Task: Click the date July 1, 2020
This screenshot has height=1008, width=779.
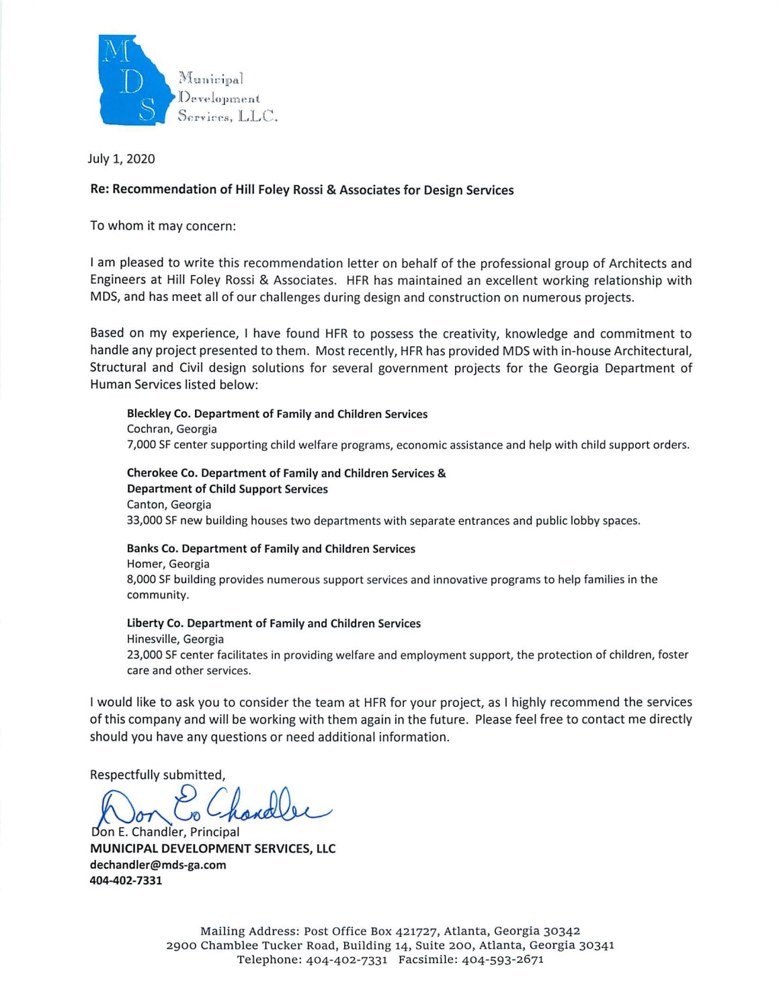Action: click(x=121, y=159)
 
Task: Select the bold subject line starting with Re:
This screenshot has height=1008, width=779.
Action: click(x=302, y=190)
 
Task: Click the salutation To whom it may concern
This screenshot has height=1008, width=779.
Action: click(x=163, y=226)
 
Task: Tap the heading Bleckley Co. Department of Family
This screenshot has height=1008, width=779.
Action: click(x=277, y=414)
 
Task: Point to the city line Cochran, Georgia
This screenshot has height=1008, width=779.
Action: click(x=171, y=429)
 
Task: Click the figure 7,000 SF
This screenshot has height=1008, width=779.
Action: click(x=149, y=445)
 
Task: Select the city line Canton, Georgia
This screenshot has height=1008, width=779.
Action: click(x=169, y=505)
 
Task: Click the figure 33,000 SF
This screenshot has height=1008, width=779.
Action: click(x=152, y=521)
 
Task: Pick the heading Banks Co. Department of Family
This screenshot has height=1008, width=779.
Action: click(x=271, y=549)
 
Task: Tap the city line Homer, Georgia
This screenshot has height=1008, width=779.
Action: click(x=168, y=564)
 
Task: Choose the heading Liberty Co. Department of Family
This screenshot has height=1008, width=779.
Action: click(x=274, y=624)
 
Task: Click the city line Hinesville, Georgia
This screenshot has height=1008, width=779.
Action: click(x=175, y=639)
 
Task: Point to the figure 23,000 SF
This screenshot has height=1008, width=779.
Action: click(x=152, y=655)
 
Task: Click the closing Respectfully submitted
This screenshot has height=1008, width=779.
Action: click(x=157, y=775)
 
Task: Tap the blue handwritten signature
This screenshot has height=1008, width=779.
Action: click(x=212, y=806)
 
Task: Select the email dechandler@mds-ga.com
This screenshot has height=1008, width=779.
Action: click(x=158, y=865)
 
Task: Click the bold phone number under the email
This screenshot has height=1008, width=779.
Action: click(x=126, y=880)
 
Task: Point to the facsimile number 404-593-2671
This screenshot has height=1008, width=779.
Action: click(x=502, y=960)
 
